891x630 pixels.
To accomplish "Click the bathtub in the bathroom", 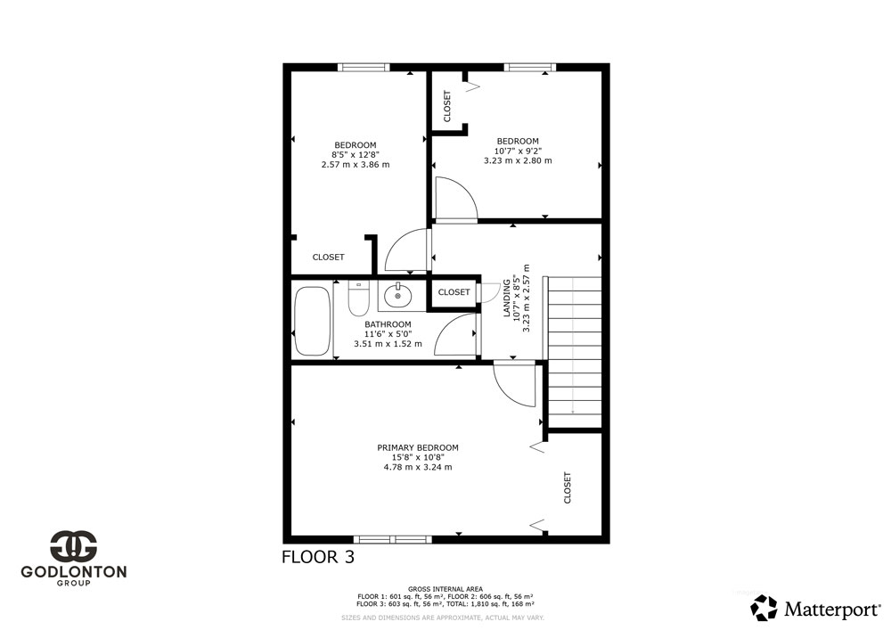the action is tap(312, 321).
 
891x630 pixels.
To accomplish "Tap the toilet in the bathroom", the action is tap(358, 299).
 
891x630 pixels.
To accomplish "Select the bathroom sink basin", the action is tap(397, 295).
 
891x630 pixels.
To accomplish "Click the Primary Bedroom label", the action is tap(418, 447).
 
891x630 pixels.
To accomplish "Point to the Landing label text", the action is tap(506, 298).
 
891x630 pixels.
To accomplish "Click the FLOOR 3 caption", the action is tap(318, 557).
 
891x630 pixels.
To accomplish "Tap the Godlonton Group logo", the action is tap(74, 558).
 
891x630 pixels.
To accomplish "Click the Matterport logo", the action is tap(815, 609).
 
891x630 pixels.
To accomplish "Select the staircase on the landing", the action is tap(574, 352).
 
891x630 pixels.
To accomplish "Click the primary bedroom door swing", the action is tap(514, 385).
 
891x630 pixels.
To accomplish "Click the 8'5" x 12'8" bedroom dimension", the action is tap(356, 154).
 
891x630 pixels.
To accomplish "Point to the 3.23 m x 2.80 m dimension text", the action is tap(518, 160).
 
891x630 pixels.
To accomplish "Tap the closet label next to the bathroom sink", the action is tap(454, 292).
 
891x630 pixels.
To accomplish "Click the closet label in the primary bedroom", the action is tap(567, 487).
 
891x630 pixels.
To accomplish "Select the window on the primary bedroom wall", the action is tap(393, 539).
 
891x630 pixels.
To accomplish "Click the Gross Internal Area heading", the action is tap(445, 589).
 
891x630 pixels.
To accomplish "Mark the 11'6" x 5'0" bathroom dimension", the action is tap(388, 334).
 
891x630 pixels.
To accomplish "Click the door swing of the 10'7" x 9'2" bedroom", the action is tap(455, 199).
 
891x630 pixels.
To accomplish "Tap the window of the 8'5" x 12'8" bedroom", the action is tap(364, 67).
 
